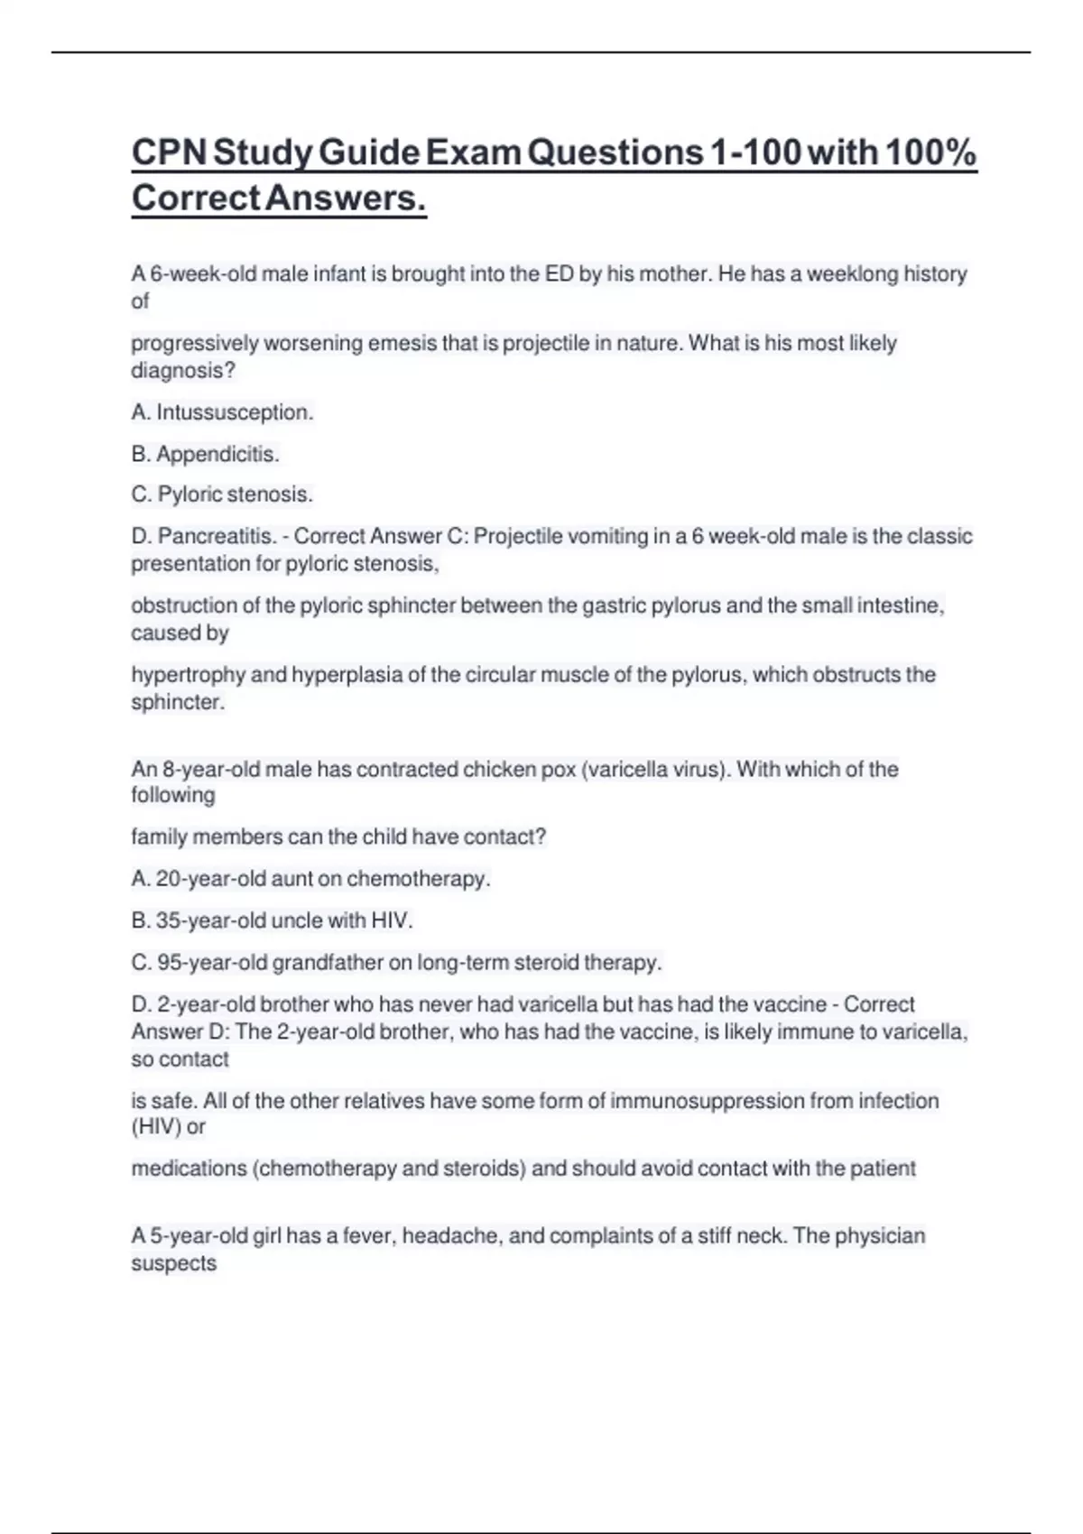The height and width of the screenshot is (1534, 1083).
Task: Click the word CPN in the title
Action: coord(168,152)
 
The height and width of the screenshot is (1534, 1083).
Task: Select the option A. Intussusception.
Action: coord(222,412)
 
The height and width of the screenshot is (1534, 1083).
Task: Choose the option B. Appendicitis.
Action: coord(205,454)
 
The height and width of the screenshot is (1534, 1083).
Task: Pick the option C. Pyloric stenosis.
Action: coord(222,494)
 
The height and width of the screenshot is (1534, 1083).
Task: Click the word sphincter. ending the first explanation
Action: coord(178,702)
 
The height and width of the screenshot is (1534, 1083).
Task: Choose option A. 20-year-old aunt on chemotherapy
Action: coord(310,878)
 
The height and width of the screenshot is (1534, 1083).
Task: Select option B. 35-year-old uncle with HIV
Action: coord(272,920)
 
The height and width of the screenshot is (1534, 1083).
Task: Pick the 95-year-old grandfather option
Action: coord(396,962)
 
